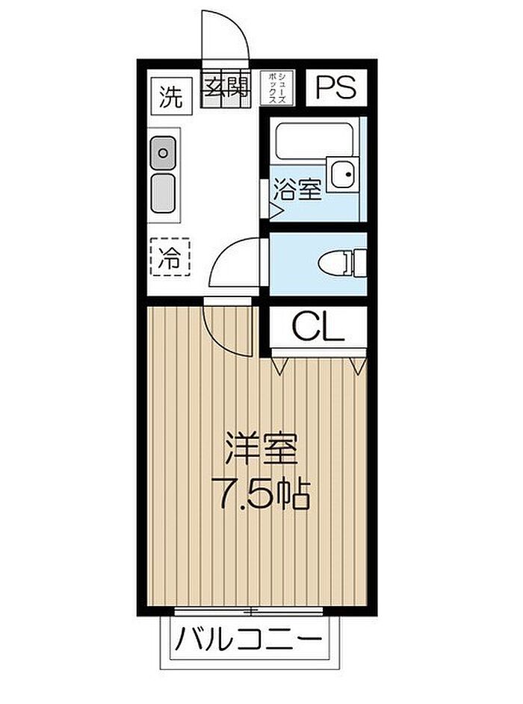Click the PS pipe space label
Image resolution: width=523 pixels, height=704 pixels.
(336, 87)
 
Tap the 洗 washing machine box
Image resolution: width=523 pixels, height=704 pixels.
(171, 93)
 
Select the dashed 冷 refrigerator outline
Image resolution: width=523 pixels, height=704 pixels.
(170, 256)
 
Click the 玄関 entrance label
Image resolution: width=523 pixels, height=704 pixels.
(226, 88)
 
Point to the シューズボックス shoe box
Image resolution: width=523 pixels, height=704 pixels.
(277, 88)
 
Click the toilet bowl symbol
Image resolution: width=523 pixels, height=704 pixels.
(342, 262)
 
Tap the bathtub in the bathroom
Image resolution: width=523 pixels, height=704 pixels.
(314, 140)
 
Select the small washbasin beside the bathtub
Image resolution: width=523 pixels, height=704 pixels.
(344, 174)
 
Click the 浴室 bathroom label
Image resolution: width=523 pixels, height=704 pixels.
(297, 190)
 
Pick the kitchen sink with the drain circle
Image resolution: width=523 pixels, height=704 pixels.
(163, 153)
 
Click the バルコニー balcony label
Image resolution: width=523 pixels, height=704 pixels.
(249, 638)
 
